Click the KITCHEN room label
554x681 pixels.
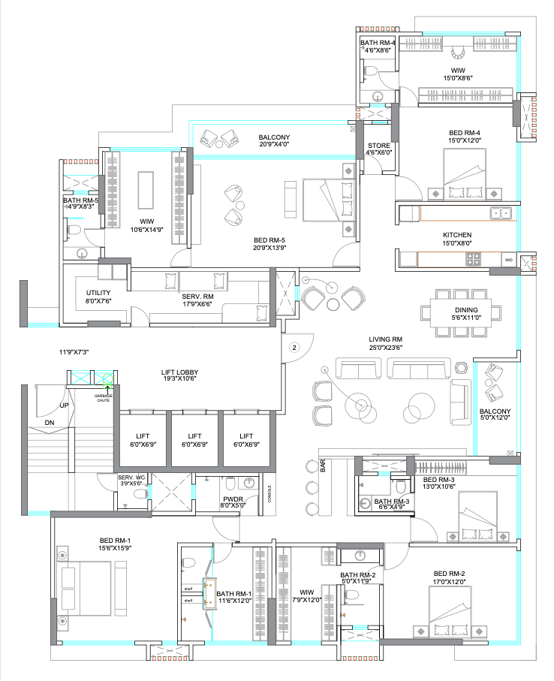456,236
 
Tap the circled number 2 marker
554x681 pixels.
295,347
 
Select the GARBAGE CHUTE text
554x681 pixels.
104,398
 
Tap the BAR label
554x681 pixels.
322,466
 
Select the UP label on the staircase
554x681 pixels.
65,405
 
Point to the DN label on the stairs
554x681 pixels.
49,423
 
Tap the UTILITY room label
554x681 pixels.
99,292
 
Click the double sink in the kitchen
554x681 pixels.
501,213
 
